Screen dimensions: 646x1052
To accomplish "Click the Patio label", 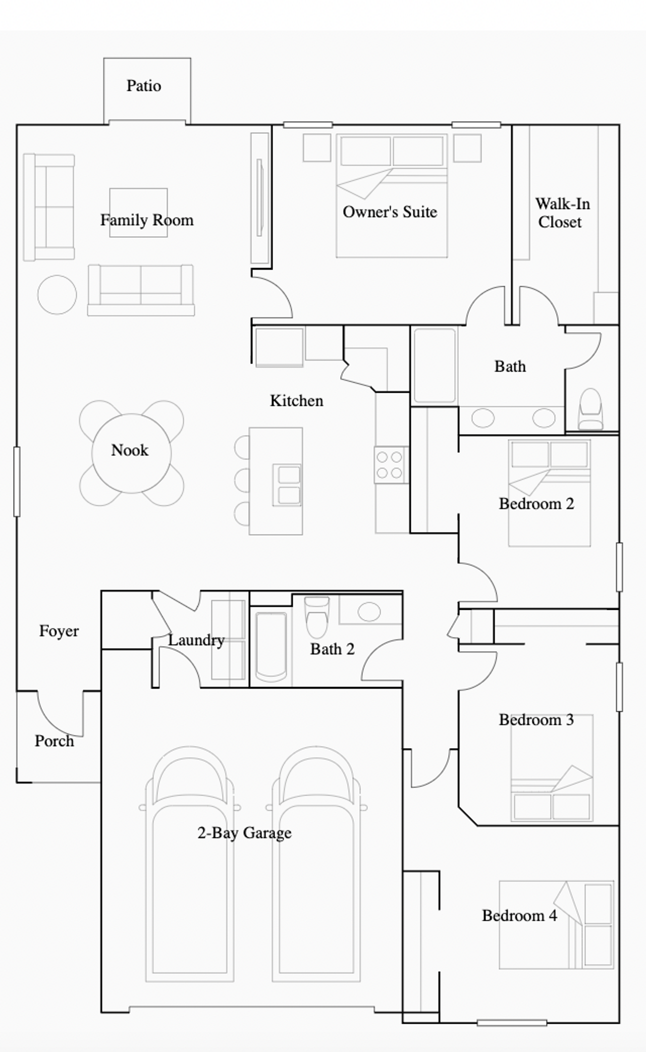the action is click(x=144, y=86).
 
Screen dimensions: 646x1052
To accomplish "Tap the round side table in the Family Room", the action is click(x=57, y=295).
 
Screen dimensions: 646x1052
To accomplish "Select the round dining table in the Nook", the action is click(x=131, y=453).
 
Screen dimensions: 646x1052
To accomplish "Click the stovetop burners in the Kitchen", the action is click(x=390, y=465).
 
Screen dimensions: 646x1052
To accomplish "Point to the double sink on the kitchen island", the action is click(x=288, y=485).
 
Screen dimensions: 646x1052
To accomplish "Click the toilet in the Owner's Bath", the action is click(x=590, y=409).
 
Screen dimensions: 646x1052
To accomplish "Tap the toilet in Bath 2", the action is click(x=317, y=617).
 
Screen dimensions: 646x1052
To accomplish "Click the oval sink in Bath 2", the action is click(x=369, y=611).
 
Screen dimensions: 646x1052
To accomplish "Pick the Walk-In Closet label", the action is click(x=562, y=213).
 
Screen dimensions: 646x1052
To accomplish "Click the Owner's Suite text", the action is click(x=390, y=212).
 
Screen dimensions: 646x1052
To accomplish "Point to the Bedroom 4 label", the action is click(x=519, y=916).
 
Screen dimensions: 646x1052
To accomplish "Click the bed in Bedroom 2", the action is click(x=549, y=493).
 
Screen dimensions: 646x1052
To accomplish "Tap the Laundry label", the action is click(x=196, y=641).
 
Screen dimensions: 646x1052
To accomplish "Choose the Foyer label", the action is click(x=59, y=631).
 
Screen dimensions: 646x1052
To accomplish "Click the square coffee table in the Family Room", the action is click(x=138, y=213).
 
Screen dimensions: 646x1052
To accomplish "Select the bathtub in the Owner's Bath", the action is click(x=435, y=365).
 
